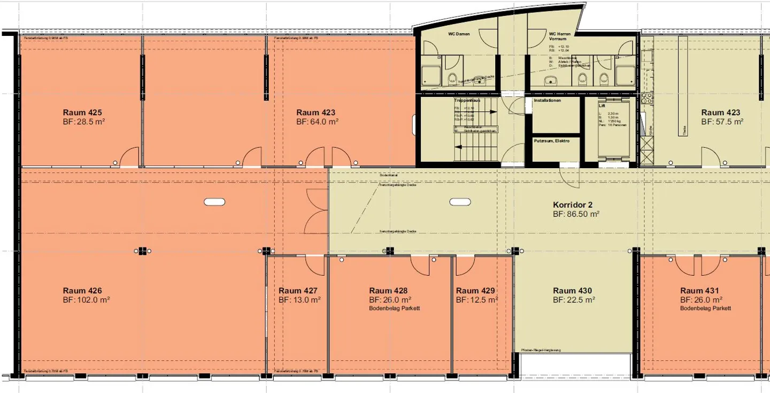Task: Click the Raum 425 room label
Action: (x=82, y=112)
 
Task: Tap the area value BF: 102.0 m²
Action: (x=86, y=300)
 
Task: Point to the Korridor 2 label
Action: (x=573, y=205)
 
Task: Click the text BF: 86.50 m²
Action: (x=576, y=214)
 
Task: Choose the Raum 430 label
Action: (x=572, y=291)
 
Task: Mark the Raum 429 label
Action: (x=475, y=291)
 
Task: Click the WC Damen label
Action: (x=459, y=34)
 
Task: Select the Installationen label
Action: (x=547, y=101)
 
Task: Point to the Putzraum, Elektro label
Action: (x=551, y=141)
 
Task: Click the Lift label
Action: (x=602, y=106)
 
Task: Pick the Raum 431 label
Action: (x=699, y=291)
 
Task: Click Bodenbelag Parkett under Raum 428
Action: (x=394, y=308)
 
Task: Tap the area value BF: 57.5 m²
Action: (x=722, y=122)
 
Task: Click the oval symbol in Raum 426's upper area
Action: (x=214, y=202)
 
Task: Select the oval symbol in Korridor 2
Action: (x=460, y=202)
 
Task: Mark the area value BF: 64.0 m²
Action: (x=317, y=122)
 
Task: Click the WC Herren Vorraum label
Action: (x=559, y=36)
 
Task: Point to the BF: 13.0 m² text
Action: (x=299, y=300)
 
